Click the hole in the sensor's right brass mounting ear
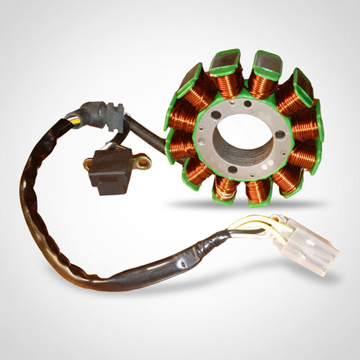coord(142,163)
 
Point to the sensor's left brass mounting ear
coord(87,164)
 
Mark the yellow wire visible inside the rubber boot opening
coord(74,120)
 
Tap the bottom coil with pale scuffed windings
coord(225,188)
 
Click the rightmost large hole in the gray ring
coord(280,135)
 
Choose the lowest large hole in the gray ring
coord(232,170)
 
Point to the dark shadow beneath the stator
coord(246,205)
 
